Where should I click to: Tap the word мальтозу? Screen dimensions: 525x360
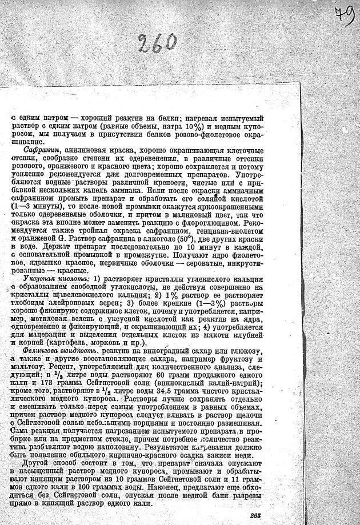29,366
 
